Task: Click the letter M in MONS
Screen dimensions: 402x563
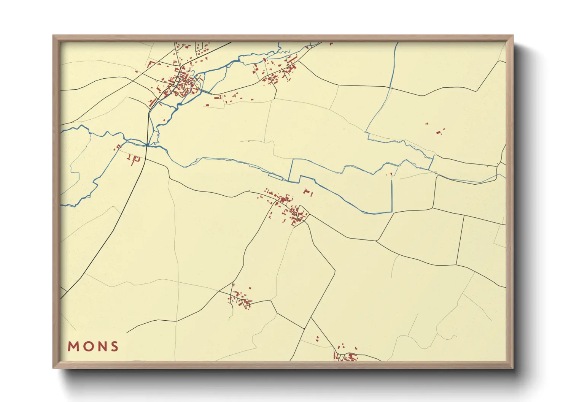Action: click(x=73, y=347)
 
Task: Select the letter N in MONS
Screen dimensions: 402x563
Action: click(x=101, y=347)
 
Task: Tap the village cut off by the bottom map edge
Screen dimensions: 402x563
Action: click(x=346, y=356)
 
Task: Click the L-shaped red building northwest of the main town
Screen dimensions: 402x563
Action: click(x=151, y=63)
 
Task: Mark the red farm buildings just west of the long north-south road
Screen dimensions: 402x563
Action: click(x=133, y=158)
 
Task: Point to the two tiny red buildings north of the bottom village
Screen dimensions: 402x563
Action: click(x=317, y=339)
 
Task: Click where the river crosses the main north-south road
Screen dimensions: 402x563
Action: click(x=148, y=144)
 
